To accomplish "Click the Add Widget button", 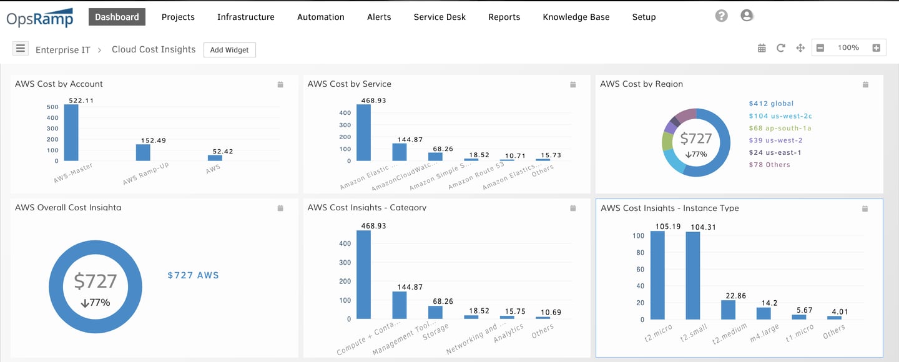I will click(x=230, y=50).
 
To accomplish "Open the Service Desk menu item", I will click(x=440, y=17).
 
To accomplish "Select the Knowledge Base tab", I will click(x=576, y=17).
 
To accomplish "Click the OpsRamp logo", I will click(x=40, y=18).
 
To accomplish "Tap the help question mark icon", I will click(x=722, y=16).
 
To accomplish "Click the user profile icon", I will click(x=747, y=16).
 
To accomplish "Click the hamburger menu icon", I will click(x=21, y=48).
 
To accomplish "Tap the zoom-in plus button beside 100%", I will click(x=876, y=48).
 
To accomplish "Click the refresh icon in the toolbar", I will click(x=781, y=48).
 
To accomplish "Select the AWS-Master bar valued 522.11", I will click(x=71, y=132).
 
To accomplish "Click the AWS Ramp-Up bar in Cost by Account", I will click(x=144, y=152).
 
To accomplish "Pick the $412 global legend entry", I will click(x=771, y=104).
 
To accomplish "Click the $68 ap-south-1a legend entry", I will click(x=780, y=128).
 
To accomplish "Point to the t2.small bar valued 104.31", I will click(x=693, y=275).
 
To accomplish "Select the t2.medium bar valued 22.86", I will click(x=729, y=310).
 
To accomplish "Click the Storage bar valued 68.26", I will click(x=435, y=312).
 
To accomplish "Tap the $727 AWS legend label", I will click(x=194, y=275).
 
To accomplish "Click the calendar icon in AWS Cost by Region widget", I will click(x=865, y=84).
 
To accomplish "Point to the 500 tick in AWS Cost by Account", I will click(x=52, y=106).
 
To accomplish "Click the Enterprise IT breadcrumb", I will click(x=63, y=50).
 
